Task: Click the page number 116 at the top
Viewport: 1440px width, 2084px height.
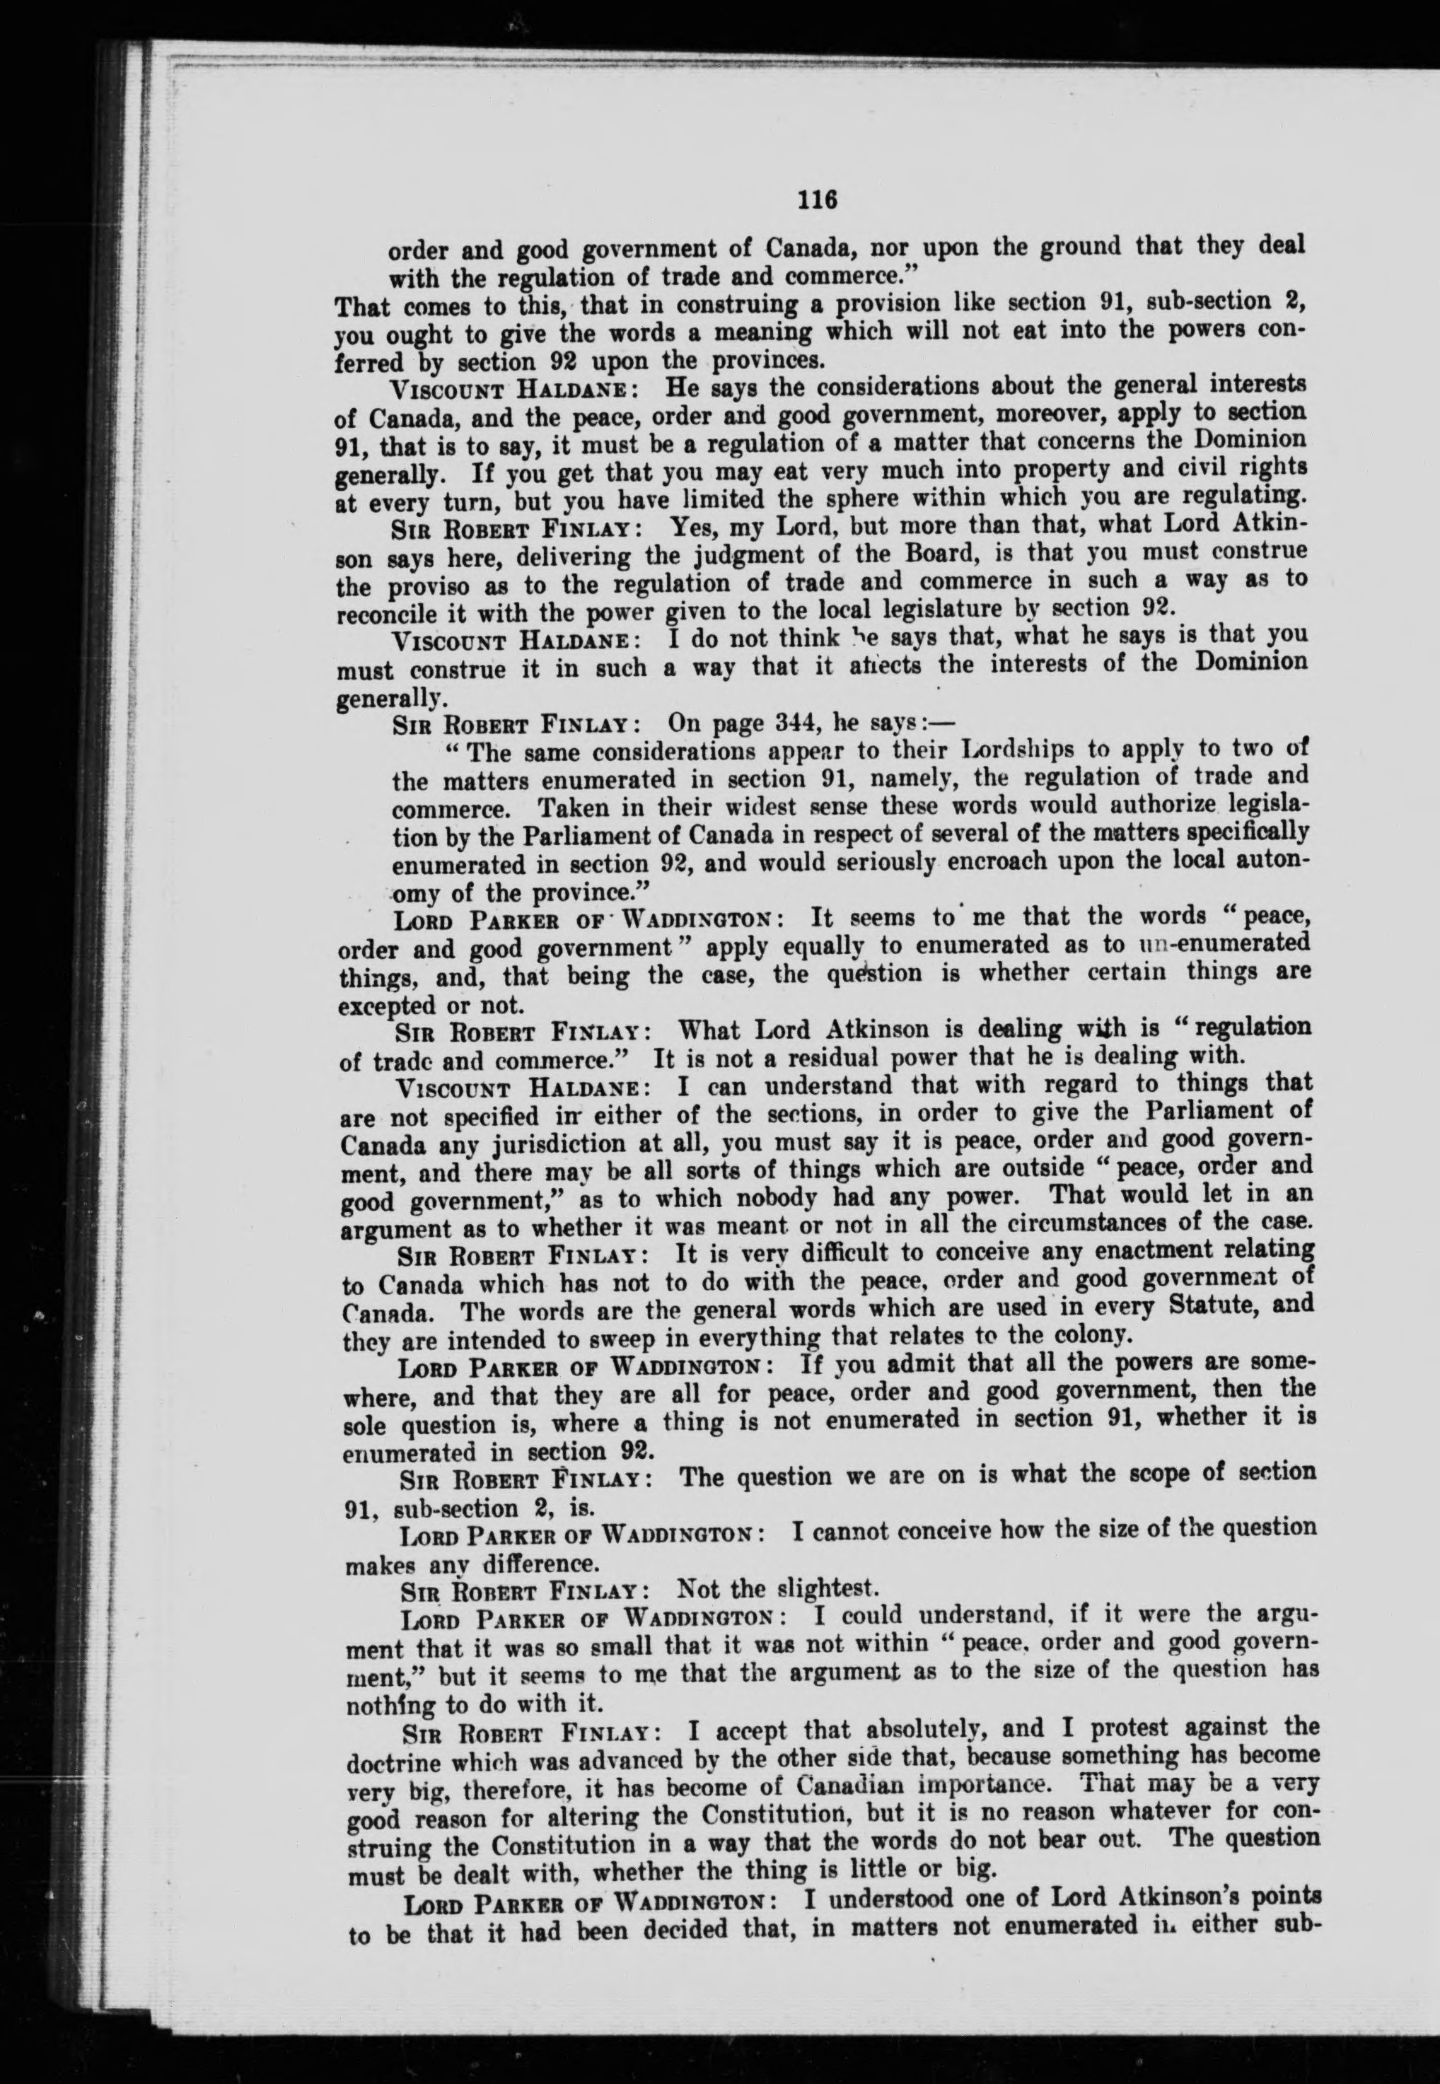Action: [818, 200]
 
